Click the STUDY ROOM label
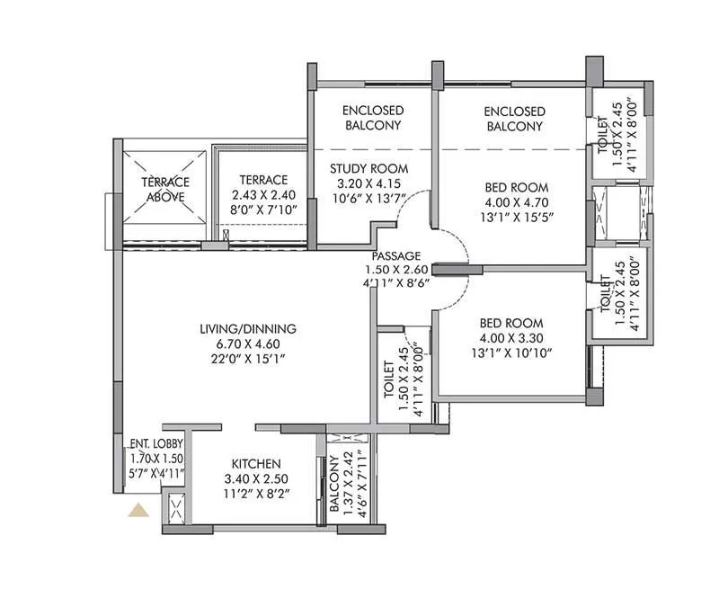368,168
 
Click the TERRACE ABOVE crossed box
164,188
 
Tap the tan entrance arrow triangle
138,511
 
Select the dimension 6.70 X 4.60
250,344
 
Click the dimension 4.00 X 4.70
510,203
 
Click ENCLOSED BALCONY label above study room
373,118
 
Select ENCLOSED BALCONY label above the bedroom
514,118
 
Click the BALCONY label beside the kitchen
334,484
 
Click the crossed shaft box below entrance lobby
175,510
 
